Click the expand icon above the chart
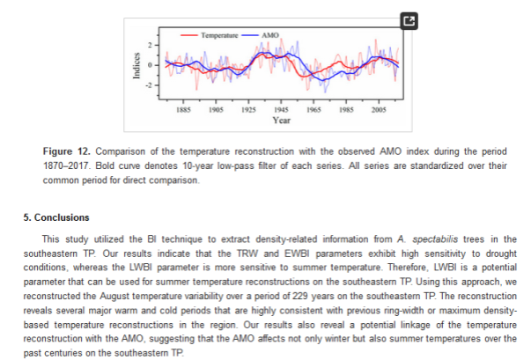[x=408, y=19]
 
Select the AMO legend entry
[x=269, y=34]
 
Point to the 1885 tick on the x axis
[x=184, y=109]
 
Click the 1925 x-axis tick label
[x=249, y=109]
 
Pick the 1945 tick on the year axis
[x=282, y=109]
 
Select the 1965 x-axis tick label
[x=314, y=109]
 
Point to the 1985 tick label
[x=347, y=109]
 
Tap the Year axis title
[x=282, y=120]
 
